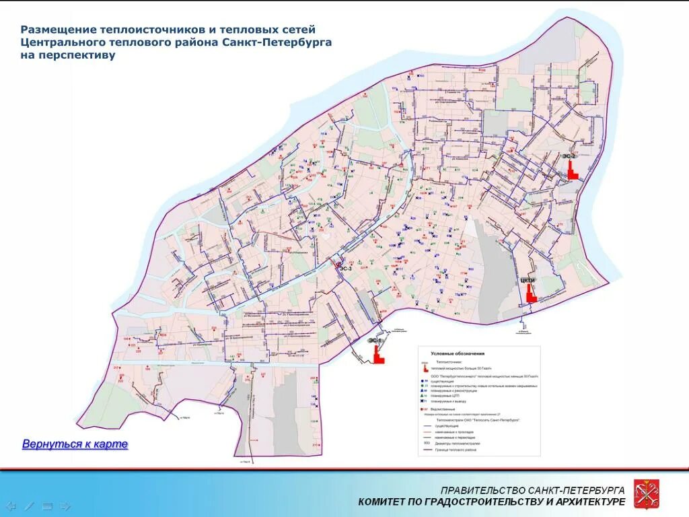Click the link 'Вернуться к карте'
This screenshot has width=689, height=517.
pos(75,444)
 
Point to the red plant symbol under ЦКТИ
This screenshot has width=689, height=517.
pos(530,294)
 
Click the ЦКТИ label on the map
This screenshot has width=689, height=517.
pos(528,280)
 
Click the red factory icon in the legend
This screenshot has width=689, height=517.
pos(425,368)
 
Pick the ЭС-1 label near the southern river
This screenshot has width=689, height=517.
pos(374,341)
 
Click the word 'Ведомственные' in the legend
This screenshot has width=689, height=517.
pos(441,409)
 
